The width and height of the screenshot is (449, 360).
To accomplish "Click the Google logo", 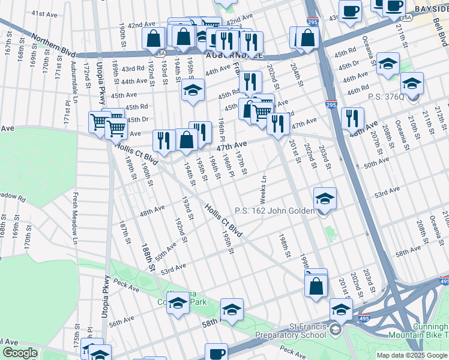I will pyautogui.click(x=20, y=353).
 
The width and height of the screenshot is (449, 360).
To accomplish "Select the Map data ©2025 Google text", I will pyautogui.click(x=412, y=355).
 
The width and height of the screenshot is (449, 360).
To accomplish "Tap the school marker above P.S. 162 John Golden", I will pyautogui.click(x=325, y=199).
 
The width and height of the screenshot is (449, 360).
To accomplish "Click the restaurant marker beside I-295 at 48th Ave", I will pyautogui.click(x=352, y=118).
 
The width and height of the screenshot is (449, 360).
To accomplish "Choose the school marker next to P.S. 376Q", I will pyautogui.click(x=412, y=83).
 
